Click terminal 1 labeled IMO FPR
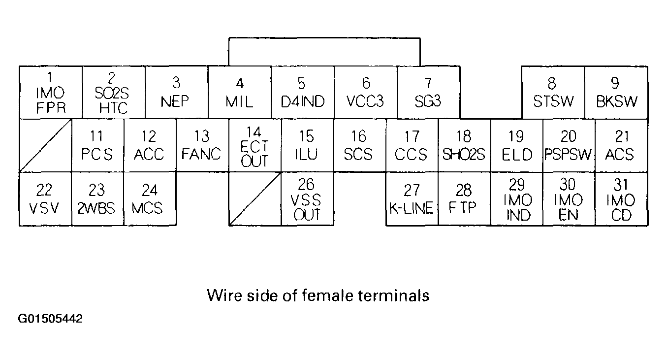pos(50,93)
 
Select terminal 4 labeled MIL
pos(239,93)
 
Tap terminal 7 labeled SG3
pos(428,93)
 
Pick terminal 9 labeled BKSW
pos(616,93)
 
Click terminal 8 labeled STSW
pos(553,93)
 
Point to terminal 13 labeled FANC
pos(202,145)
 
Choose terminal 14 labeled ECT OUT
pos(255,145)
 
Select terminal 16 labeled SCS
pos(359,145)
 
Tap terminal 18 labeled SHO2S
pos(464,145)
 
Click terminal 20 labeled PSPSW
pos(569,145)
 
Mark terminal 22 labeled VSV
pos(45,198)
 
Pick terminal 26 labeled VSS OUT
pos(307,198)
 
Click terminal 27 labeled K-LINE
pos(412,198)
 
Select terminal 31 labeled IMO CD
pos(621,198)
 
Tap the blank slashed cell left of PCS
pos(45,145)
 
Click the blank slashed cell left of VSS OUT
pos(255,198)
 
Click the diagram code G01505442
pos(51,319)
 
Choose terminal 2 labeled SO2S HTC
pos(113,93)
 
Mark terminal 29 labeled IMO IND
pos(516,198)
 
